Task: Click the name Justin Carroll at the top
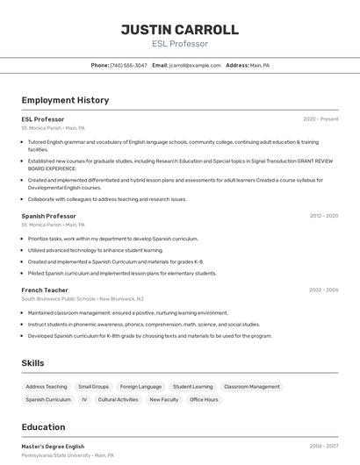(179, 29)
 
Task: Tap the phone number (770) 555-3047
(129, 65)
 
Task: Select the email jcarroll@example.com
(195, 65)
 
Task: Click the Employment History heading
(65, 100)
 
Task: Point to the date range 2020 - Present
(320, 118)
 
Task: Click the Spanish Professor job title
(48, 215)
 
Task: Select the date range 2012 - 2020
(323, 215)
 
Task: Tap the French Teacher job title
(45, 290)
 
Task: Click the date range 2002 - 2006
(323, 290)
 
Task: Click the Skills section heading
(32, 363)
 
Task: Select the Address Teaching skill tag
(47, 386)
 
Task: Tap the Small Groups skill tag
(93, 386)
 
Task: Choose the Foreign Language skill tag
(140, 386)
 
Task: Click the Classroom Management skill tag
(252, 386)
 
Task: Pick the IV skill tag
(84, 399)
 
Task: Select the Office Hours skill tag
(204, 399)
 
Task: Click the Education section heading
(43, 427)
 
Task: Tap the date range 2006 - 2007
(323, 446)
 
